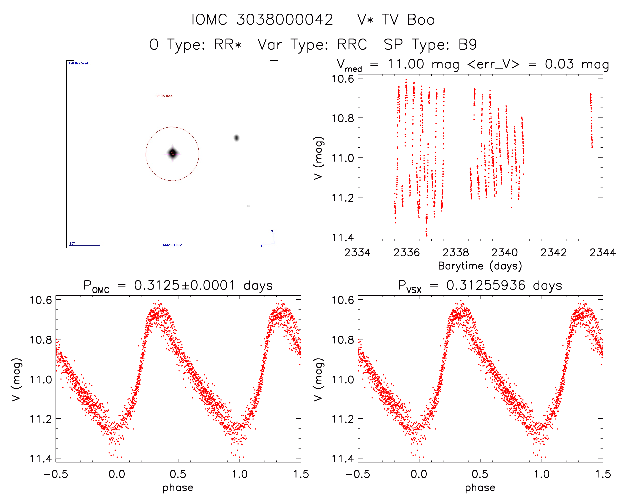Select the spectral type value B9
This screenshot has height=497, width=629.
coord(468,45)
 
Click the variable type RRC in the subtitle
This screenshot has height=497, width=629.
coord(352,45)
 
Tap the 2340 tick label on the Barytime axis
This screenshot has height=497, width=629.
coord(504,253)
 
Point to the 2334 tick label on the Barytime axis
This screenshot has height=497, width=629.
coord(357,253)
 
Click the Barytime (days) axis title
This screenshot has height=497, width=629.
coord(480,266)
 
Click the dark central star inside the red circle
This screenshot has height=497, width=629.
coord(172,153)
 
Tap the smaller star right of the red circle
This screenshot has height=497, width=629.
coord(236,138)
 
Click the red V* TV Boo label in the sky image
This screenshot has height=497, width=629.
coord(164,96)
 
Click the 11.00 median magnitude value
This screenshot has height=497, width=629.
coord(406,64)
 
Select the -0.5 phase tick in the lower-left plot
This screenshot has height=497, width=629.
coord(56,474)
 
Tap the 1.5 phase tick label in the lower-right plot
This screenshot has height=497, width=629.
coord(603,474)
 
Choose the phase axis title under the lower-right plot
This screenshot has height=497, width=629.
coord(480,488)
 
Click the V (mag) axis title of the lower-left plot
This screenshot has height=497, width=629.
coord(17,379)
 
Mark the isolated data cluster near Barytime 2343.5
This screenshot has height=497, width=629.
coord(591,120)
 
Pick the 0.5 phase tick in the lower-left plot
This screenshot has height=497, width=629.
coord(178,474)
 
